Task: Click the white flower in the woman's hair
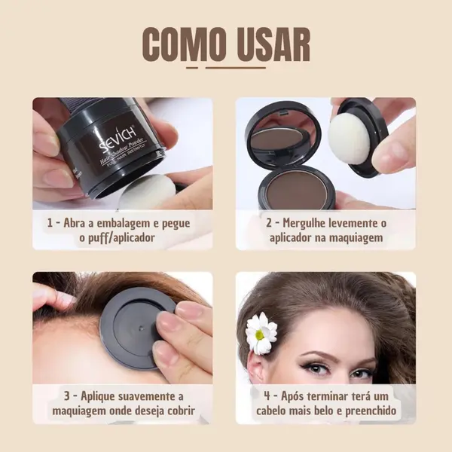261,331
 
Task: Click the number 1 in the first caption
50,224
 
